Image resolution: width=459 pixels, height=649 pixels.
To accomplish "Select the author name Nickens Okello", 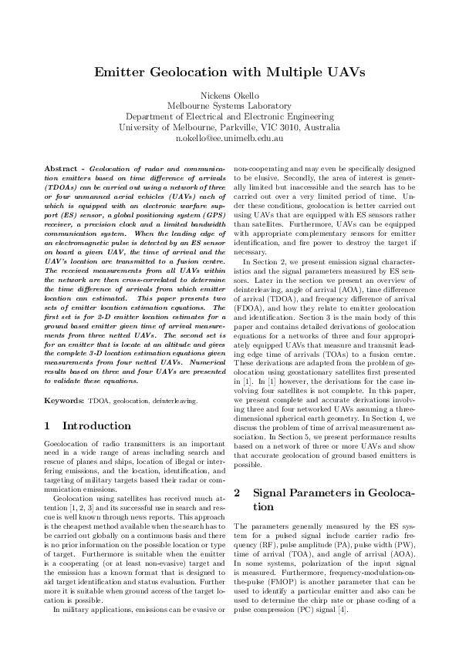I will click(229, 95).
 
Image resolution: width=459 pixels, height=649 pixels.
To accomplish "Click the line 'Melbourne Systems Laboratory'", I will click(229, 106).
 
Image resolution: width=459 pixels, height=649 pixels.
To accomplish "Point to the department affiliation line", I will click(229, 116).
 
